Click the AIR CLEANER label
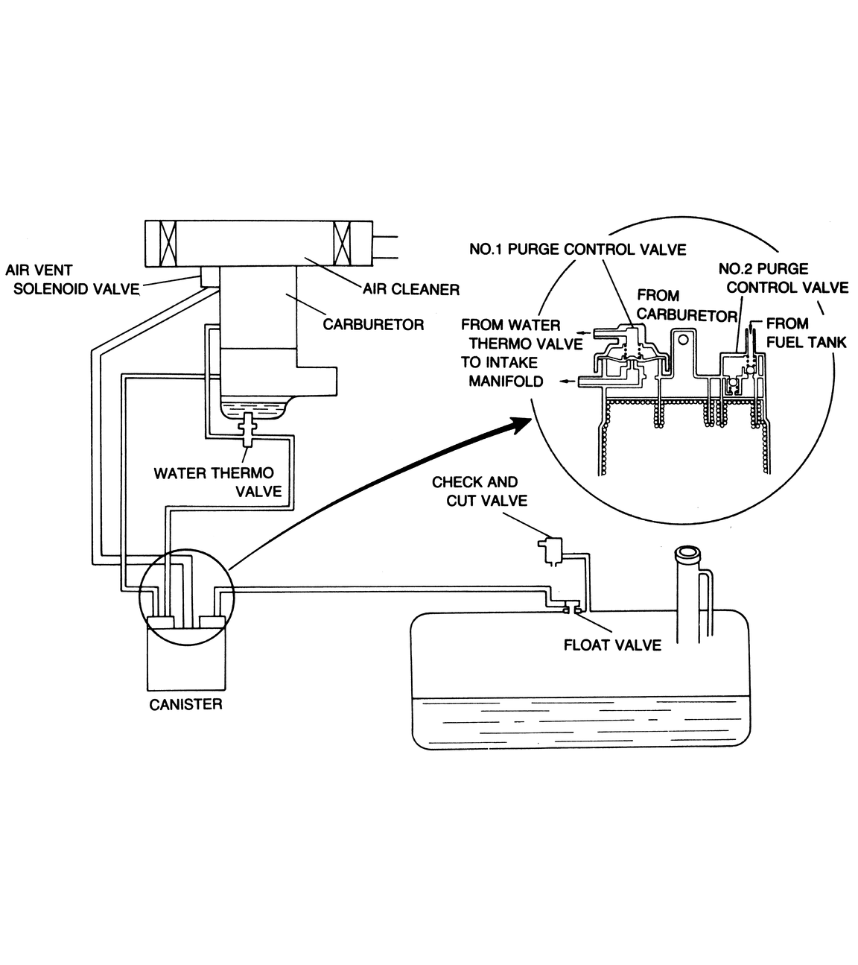[411, 288]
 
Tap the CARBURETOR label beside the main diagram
[373, 324]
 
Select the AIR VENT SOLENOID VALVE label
[73, 280]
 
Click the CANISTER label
[185, 704]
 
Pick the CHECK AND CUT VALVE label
[475, 491]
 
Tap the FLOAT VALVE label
[612, 645]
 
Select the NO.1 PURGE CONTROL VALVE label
[577, 249]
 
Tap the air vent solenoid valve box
[209, 276]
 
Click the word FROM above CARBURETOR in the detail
[658, 295]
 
